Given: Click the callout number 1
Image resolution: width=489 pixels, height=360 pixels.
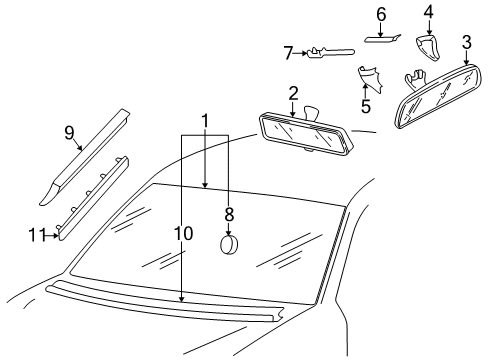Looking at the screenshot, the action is click(x=205, y=121).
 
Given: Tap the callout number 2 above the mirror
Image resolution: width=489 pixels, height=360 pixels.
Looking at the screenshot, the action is click(x=293, y=94).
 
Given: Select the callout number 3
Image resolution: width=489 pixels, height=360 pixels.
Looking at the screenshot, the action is click(x=467, y=43).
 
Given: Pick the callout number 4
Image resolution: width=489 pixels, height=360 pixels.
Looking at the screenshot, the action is click(x=428, y=12).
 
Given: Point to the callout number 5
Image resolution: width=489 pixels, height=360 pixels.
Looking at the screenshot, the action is click(x=366, y=106).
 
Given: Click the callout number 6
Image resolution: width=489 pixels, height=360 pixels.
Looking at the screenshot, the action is click(x=381, y=14).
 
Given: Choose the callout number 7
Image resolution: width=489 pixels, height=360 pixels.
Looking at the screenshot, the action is click(x=288, y=53).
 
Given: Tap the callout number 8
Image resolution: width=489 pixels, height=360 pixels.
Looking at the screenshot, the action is click(x=229, y=215).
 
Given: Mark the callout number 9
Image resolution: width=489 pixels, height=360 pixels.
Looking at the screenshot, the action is click(x=69, y=133).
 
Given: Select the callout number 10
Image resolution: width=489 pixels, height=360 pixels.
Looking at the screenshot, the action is click(x=183, y=234).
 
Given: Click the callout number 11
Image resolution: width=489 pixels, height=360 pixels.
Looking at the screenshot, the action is click(x=37, y=235).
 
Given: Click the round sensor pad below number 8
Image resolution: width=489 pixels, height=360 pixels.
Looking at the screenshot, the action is click(x=229, y=245).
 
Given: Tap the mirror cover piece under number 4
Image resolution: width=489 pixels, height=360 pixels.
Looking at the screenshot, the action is click(x=428, y=48).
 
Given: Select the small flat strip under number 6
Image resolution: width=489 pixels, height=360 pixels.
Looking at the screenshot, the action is click(x=382, y=38).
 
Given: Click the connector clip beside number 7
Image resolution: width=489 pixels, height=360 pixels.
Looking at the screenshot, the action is click(x=330, y=53).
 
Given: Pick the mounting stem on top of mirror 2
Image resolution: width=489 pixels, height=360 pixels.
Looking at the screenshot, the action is click(x=311, y=112).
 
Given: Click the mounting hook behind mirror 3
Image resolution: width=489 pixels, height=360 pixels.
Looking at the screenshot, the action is click(x=415, y=78).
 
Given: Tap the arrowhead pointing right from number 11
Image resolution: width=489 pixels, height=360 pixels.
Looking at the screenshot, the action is click(x=55, y=235).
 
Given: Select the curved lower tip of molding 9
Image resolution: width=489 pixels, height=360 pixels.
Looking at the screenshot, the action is click(x=48, y=195).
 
